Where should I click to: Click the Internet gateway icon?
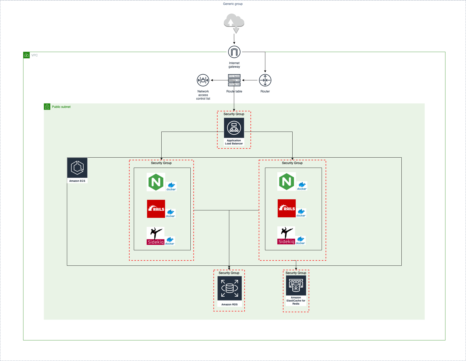(234, 52)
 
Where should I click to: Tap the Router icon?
(265, 80)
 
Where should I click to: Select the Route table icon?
(234, 80)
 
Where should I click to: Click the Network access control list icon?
(203, 80)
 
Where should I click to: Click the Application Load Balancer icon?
(234, 128)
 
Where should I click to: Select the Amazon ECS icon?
(77, 168)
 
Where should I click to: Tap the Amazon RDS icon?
(230, 288)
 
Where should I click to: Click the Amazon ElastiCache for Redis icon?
(296, 285)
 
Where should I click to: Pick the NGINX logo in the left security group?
(156, 182)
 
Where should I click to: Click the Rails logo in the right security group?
(287, 208)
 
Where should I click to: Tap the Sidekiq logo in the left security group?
(155, 236)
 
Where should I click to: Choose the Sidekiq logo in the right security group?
(286, 235)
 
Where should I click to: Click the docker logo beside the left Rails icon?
(170, 213)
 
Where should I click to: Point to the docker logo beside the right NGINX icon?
(302, 186)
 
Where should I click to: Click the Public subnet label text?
(61, 107)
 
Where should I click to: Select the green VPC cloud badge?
(27, 55)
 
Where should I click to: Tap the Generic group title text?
(233, 4)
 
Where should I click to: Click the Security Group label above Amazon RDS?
(229, 273)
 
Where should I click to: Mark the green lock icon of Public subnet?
(47, 107)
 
